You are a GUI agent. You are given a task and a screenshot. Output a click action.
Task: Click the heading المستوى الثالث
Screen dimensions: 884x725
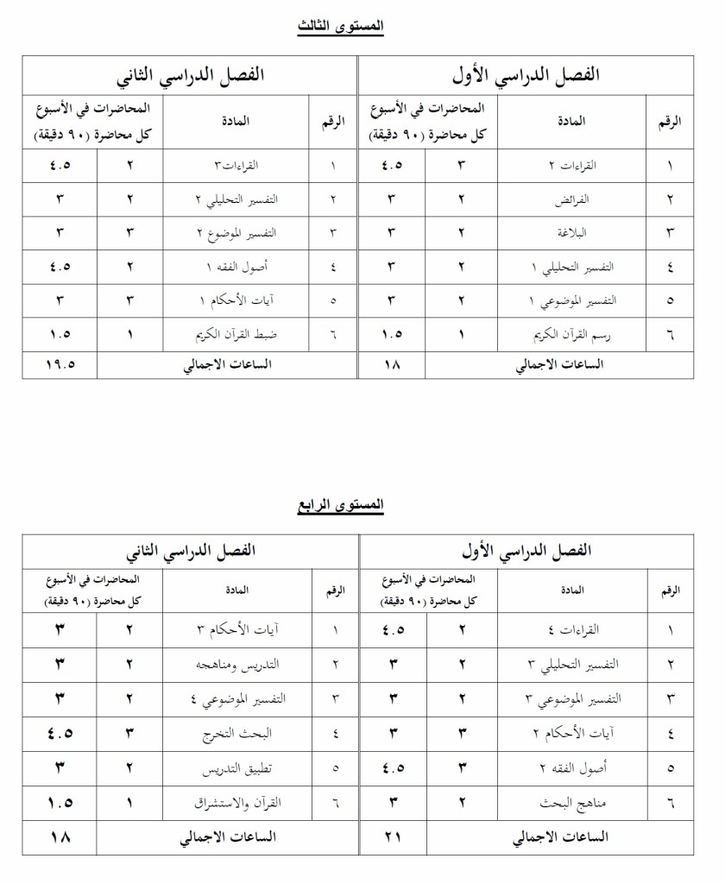tap(340, 27)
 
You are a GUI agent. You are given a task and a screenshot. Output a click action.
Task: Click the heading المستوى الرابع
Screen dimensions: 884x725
tap(340, 505)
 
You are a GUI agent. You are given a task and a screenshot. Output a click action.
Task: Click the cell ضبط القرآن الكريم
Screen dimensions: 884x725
tap(236, 334)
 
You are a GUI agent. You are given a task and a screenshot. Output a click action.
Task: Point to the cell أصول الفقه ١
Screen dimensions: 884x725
tap(236, 267)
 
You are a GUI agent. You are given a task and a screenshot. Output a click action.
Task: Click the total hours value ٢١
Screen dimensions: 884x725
tap(393, 837)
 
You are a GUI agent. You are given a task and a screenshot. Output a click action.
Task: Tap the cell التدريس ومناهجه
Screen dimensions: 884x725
tap(236, 664)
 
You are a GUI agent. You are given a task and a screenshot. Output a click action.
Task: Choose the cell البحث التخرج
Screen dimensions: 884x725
tap(236, 734)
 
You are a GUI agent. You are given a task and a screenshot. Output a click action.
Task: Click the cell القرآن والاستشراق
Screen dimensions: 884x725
tap(236, 803)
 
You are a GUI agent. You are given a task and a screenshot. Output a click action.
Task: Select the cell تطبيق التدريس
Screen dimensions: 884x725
tap(236, 768)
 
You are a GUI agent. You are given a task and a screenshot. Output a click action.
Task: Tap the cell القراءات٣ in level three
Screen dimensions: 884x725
tap(236, 166)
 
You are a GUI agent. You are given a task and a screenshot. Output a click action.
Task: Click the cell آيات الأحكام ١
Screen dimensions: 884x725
tap(236, 300)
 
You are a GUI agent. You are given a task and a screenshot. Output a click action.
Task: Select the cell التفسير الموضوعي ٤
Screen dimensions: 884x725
tap(236, 699)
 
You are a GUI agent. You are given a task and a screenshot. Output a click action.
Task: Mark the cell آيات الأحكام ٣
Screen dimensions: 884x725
tap(236, 630)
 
